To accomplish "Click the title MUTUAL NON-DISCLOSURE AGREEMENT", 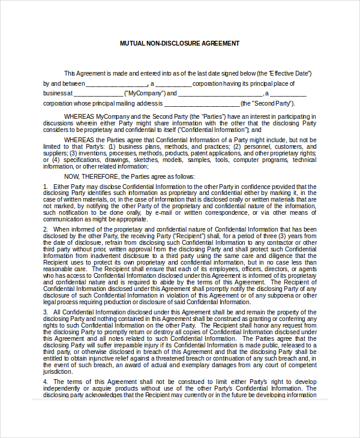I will coord(179,44).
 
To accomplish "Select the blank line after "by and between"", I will coord(117,84).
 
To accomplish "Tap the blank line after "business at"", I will coord(98,94).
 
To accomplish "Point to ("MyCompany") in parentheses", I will coord(144,94).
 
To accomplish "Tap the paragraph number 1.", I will coord(45,187).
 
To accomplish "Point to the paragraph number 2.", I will coord(45,229).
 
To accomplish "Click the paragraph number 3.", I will coord(45,312).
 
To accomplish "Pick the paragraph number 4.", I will coord(45,382).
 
